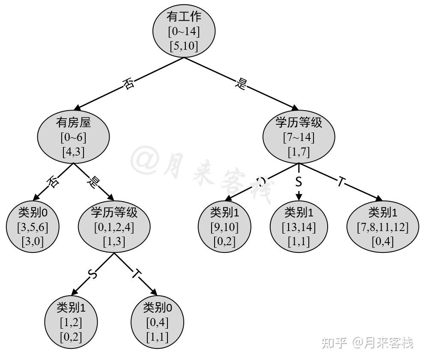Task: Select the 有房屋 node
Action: click(73, 137)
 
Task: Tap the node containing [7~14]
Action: click(299, 137)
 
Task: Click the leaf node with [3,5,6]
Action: click(33, 227)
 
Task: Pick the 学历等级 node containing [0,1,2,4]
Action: click(114, 227)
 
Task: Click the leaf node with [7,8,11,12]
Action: click(382, 227)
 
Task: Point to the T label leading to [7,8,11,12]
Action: click(340, 182)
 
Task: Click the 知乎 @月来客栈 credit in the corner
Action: click(367, 343)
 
